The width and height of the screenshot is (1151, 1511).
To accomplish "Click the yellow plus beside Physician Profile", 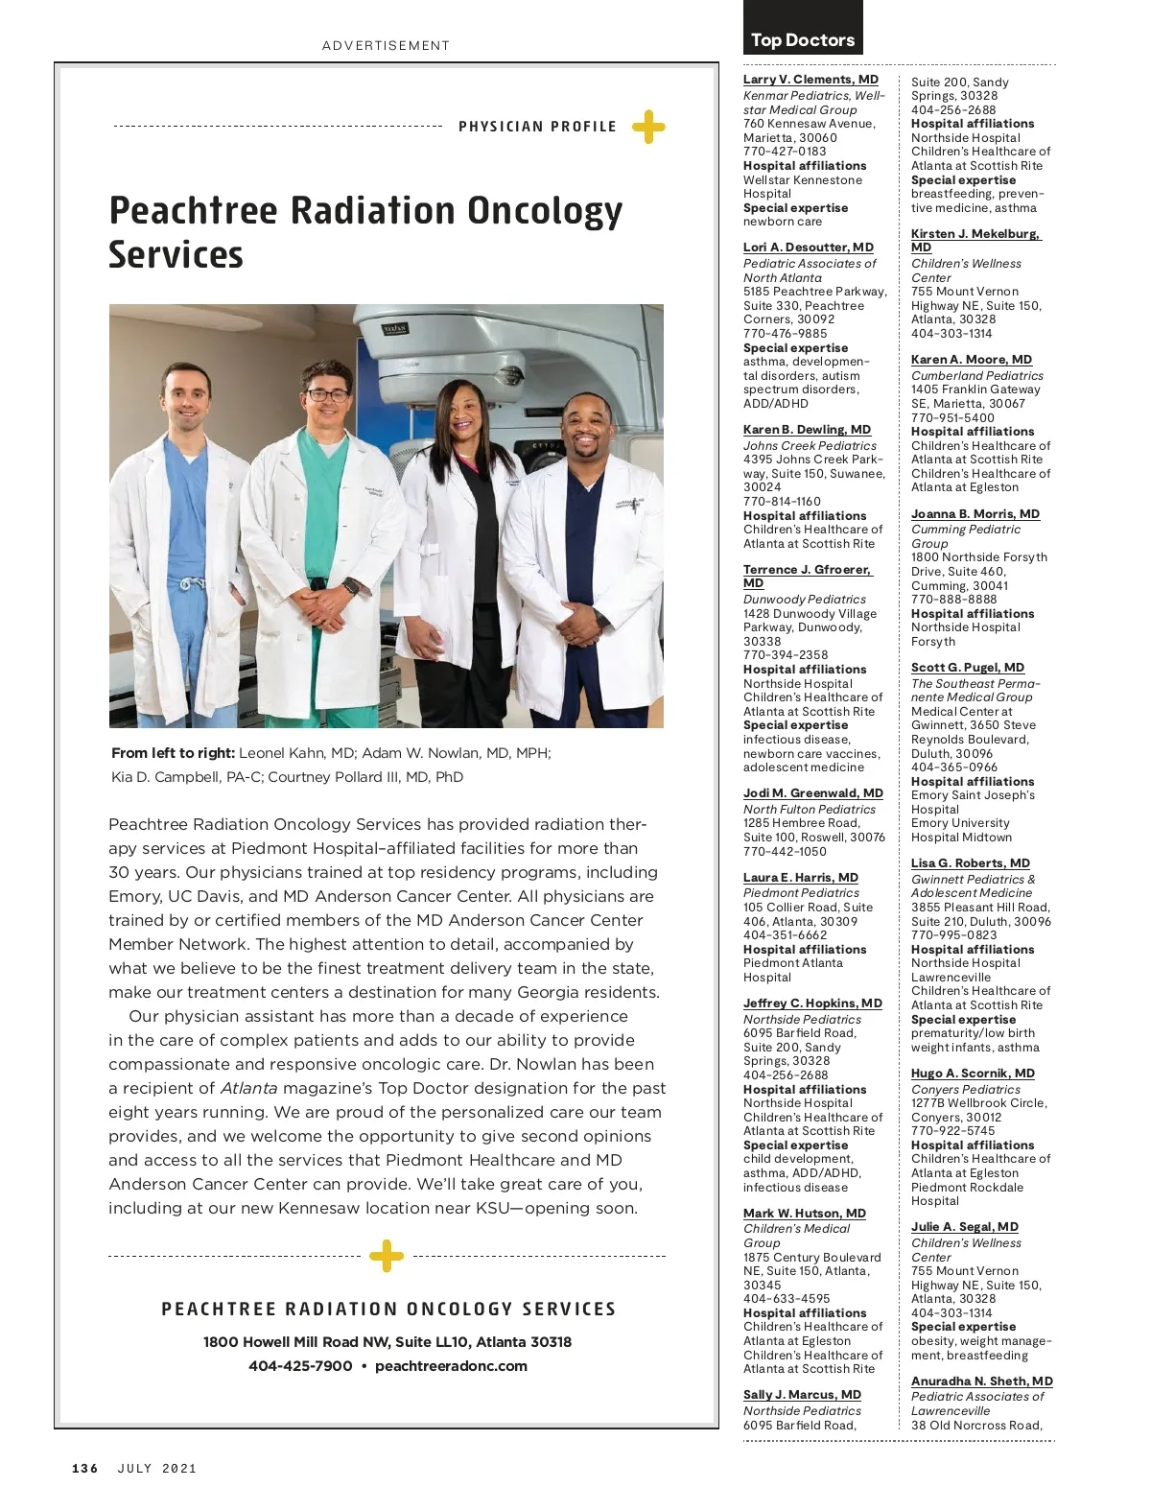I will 648,127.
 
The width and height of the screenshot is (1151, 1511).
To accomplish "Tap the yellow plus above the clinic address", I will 387,1255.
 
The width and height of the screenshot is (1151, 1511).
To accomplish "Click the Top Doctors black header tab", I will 803,39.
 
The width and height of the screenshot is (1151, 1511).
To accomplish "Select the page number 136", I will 85,1468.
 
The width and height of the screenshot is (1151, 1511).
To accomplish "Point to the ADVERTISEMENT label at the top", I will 386,45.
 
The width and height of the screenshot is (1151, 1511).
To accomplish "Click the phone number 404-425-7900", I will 300,1365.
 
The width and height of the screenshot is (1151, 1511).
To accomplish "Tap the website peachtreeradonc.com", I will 451,1365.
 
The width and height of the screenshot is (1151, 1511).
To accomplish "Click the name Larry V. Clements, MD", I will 810,80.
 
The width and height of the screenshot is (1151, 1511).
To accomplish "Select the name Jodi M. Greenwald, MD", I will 812,793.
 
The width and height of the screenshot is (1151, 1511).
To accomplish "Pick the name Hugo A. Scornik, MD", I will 973,1074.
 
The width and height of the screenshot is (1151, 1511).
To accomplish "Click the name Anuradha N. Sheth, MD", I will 981,1381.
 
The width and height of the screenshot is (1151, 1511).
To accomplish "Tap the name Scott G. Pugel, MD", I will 967,668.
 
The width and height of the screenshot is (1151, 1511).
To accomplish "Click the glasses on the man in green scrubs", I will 326,394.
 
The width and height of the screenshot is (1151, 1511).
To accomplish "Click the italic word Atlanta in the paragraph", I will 248,1088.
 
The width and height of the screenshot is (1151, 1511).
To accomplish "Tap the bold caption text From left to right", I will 173,753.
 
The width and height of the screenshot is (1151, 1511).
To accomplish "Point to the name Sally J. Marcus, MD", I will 802,1395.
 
